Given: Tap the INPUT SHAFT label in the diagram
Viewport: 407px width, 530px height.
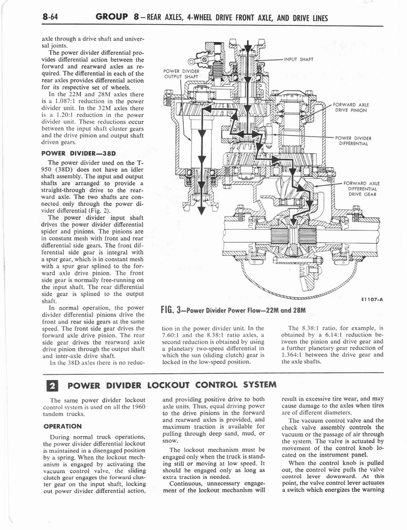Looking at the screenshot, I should pyautogui.click(x=299, y=59).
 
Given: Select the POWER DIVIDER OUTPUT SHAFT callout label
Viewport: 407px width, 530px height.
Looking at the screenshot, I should pyautogui.click(x=178, y=73).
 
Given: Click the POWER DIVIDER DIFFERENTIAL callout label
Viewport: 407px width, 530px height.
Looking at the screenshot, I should pyautogui.click(x=354, y=141).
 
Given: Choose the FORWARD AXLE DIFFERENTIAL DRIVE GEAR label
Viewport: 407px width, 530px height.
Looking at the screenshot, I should pyautogui.click(x=362, y=189).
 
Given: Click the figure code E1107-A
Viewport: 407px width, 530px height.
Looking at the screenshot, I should pyautogui.click(x=370, y=299).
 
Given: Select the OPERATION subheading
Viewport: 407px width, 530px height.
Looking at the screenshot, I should pyautogui.click(x=62, y=426).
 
